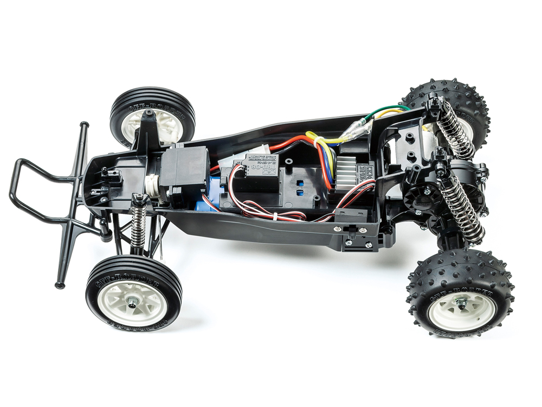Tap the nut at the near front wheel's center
click(x=133, y=300)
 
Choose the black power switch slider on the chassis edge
click(x=349, y=231)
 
